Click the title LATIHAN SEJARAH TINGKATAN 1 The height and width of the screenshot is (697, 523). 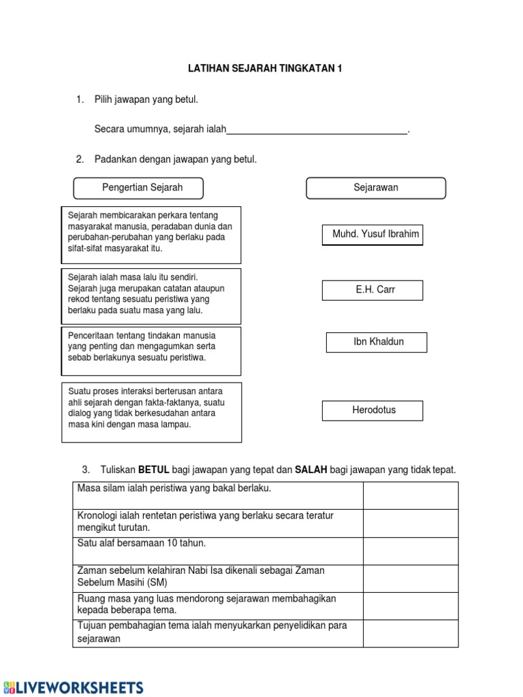click(x=265, y=69)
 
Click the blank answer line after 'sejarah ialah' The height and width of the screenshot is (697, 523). click(x=317, y=130)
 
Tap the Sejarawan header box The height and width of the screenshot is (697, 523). click(x=376, y=188)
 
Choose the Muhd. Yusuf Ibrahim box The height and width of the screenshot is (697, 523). click(x=373, y=235)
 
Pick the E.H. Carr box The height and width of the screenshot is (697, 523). click(x=373, y=290)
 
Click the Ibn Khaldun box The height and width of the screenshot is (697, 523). click(x=377, y=342)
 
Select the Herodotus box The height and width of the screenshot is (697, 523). click(x=373, y=410)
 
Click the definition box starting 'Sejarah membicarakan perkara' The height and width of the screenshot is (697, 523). click(x=151, y=235)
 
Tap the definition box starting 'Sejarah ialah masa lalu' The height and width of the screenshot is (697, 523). click(x=151, y=295)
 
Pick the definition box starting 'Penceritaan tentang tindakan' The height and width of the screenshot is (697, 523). click(x=151, y=351)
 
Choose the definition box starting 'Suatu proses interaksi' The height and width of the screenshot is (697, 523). click(x=151, y=412)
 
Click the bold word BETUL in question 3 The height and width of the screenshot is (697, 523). click(x=154, y=470)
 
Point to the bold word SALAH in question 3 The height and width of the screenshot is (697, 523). click(x=311, y=470)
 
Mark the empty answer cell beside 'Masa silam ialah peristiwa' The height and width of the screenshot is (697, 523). click(x=410, y=496)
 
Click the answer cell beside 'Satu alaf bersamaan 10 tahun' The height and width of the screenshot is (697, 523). click(x=410, y=551)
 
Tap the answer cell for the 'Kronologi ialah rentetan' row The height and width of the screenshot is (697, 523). click(x=410, y=523)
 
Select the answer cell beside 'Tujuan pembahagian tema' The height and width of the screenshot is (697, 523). click(x=410, y=633)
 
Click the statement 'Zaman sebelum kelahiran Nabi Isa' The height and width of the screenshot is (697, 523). click(x=201, y=577)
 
